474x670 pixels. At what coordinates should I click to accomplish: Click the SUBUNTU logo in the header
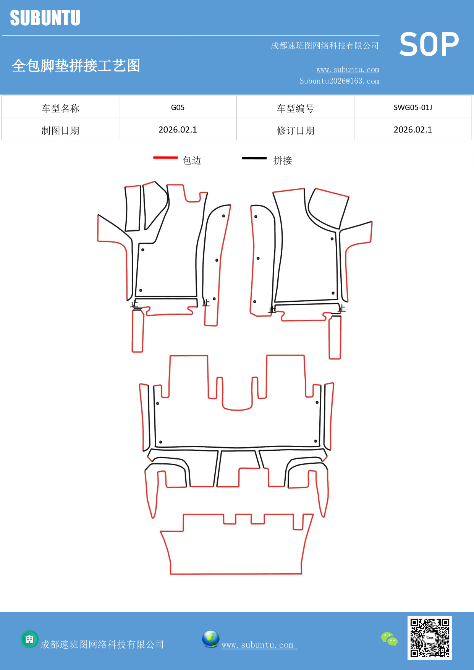(45, 18)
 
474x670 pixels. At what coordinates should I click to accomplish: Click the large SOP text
(429, 44)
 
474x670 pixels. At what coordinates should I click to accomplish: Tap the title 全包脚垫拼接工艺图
(76, 66)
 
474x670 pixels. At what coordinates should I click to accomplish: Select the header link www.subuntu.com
(348, 70)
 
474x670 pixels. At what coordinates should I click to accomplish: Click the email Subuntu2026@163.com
(339, 81)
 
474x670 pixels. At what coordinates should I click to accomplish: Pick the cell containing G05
(178, 107)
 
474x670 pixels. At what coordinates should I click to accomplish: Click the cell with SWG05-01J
(413, 107)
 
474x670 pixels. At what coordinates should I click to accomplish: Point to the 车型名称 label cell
(60, 108)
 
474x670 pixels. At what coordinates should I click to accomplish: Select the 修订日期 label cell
(295, 130)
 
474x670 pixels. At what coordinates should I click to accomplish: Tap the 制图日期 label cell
(60, 130)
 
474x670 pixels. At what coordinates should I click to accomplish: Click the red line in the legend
(165, 157)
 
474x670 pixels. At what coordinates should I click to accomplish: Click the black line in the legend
(254, 158)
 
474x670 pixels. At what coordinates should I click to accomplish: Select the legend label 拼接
(282, 160)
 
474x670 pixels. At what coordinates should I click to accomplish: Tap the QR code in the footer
(429, 638)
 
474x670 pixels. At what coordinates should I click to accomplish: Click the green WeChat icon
(389, 639)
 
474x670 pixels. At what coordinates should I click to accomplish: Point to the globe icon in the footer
(210, 639)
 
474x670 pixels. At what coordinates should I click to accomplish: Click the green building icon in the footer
(29, 639)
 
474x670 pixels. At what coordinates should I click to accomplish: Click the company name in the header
(324, 46)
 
